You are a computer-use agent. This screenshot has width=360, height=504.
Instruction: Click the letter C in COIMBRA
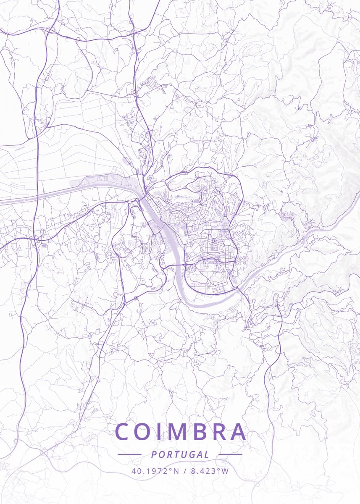(x=124, y=432)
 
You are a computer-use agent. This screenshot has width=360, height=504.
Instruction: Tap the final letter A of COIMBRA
(x=237, y=432)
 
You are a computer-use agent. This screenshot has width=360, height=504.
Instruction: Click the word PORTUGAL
(x=180, y=454)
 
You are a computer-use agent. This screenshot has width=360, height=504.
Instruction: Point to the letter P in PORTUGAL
(x=154, y=454)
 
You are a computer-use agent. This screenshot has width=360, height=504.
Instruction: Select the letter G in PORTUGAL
(x=191, y=454)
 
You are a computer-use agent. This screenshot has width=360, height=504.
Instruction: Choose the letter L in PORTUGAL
(x=207, y=454)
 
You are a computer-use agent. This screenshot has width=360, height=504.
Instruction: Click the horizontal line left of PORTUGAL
(x=129, y=454)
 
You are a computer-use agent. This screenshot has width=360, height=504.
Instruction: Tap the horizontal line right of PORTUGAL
(x=231, y=454)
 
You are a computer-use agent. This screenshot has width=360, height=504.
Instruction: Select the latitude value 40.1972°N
(x=155, y=471)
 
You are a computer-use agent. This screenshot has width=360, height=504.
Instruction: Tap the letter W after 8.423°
(x=226, y=471)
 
